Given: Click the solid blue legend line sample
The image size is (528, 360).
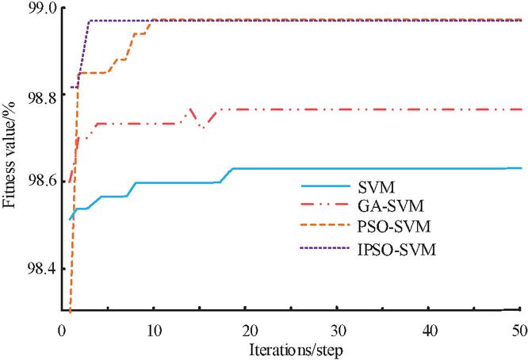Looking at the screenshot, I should point(327,187).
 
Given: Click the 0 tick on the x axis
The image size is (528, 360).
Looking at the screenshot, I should point(61,327).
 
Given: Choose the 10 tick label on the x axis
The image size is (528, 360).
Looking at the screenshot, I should point(153,327).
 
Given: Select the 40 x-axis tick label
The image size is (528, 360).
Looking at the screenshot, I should point(429,327).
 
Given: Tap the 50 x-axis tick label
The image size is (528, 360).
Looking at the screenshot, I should point(519,327).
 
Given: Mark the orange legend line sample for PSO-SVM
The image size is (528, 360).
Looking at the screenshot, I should point(327,229).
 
